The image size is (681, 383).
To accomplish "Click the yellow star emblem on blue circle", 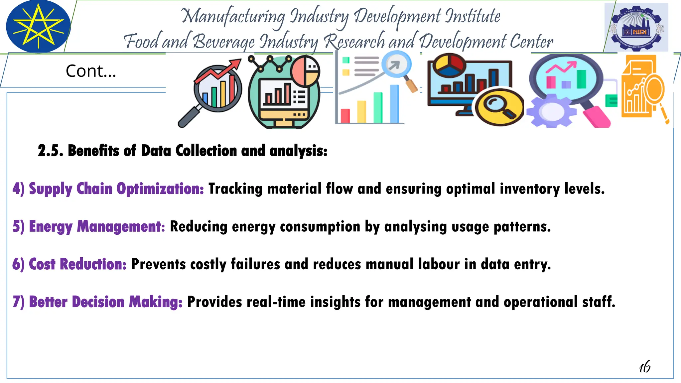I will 38,26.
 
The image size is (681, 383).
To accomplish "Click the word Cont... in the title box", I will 91,71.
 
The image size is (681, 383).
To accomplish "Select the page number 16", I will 644,367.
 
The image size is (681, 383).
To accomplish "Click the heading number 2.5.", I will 50,151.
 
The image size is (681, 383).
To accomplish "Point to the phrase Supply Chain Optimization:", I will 108,189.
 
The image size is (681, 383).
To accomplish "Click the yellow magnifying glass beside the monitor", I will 499,106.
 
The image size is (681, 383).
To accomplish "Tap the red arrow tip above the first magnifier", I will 237,63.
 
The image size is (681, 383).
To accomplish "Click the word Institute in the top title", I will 473,16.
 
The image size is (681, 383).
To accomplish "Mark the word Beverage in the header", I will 223,42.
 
